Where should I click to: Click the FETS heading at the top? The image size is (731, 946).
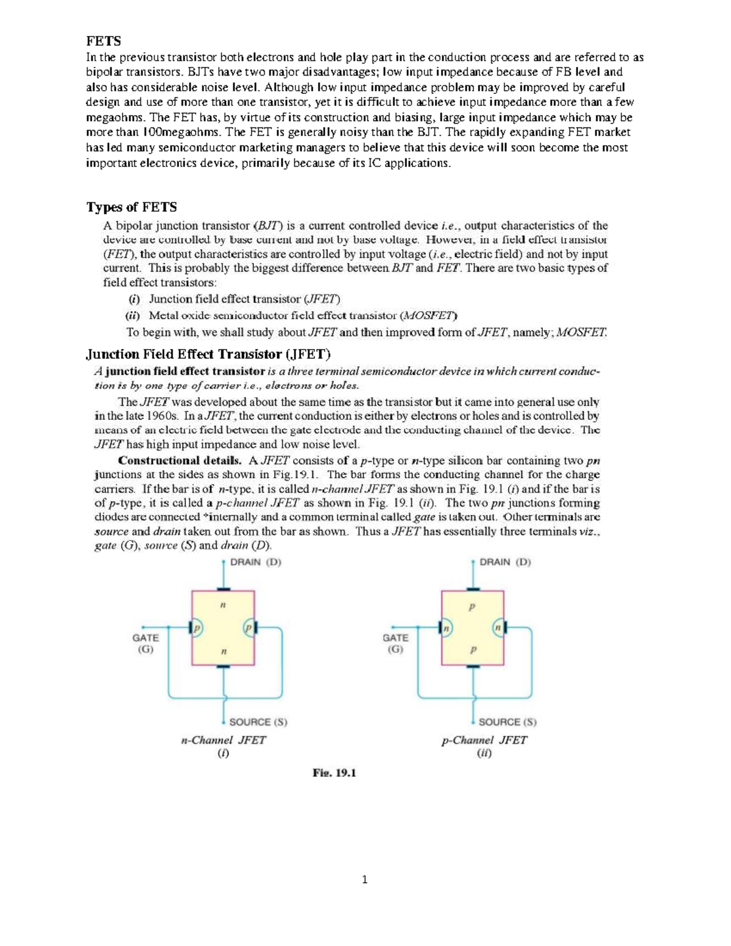(x=104, y=41)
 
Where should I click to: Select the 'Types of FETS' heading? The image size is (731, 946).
(x=132, y=207)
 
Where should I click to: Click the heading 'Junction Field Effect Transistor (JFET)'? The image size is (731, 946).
(x=208, y=355)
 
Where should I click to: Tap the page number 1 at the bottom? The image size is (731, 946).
(x=365, y=880)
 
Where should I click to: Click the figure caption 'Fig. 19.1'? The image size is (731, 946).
(x=334, y=773)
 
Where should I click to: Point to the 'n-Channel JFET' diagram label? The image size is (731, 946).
(x=224, y=740)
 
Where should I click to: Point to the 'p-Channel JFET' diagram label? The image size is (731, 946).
(x=484, y=740)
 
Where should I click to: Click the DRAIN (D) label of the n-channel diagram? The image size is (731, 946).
(x=255, y=562)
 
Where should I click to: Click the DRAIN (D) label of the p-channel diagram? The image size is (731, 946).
(x=505, y=562)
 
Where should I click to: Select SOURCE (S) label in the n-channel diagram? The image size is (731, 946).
(x=258, y=722)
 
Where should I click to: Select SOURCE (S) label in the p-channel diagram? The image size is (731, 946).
(x=507, y=722)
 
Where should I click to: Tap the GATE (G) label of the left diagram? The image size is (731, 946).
(x=146, y=643)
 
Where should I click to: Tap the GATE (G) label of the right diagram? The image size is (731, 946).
(x=395, y=643)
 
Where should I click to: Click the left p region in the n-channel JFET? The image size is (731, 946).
(x=197, y=628)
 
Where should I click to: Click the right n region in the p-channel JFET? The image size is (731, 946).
(x=498, y=627)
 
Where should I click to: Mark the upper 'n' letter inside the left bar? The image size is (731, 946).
(x=223, y=605)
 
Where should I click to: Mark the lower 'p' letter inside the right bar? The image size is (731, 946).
(x=473, y=650)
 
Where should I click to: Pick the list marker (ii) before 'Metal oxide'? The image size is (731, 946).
(x=133, y=316)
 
